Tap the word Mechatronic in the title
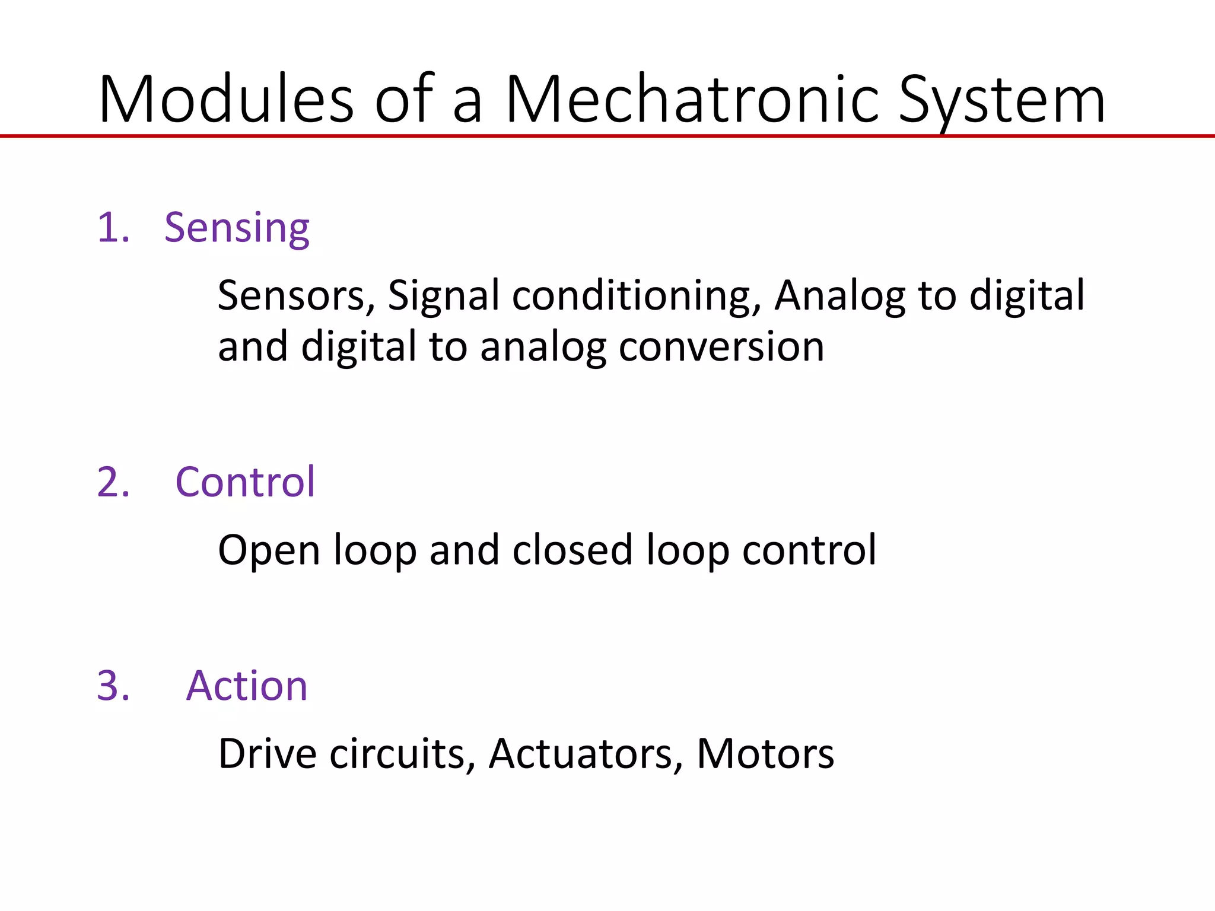pos(692,100)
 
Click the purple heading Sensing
pos(237,228)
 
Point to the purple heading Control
pos(245,482)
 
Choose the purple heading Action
pos(247,686)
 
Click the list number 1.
pos(112,228)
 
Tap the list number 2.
pos(113,482)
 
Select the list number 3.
pos(113,686)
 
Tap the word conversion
pos(721,347)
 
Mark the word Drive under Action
pos(268,754)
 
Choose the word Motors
pos(765,754)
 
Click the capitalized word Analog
pos(840,297)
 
